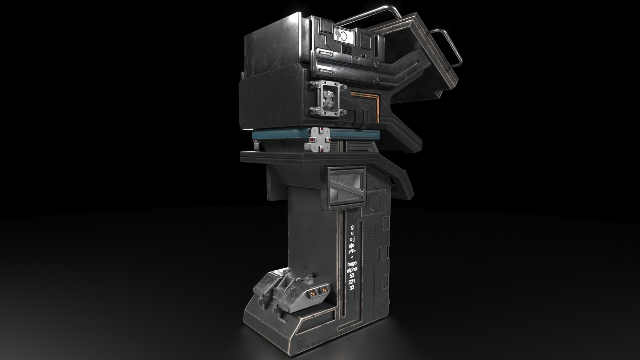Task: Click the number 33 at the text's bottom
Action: (352, 288)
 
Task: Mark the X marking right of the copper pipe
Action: (386, 106)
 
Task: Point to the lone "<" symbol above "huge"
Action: (352, 257)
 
